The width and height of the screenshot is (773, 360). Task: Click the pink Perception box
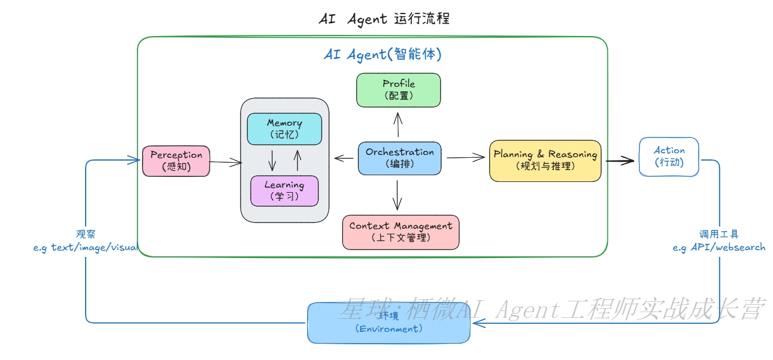[176, 161]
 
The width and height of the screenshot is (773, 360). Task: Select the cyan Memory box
[285, 128]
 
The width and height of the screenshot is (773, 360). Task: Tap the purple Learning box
[285, 190]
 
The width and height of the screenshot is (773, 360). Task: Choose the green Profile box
[398, 90]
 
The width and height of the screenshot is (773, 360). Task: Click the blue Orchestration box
[399, 158]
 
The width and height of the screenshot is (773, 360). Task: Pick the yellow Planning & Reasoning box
[545, 161]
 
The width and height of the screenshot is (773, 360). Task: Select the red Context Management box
[401, 232]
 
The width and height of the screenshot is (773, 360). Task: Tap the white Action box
[669, 156]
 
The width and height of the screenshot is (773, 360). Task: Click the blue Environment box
[389, 323]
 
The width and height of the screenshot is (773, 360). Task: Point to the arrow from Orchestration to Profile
[398, 124]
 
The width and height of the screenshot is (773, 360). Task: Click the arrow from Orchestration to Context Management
[398, 194]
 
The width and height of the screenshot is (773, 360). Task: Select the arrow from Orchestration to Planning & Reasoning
[465, 157]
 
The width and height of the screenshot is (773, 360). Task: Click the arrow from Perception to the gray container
[225, 162]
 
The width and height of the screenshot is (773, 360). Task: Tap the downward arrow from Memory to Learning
[273, 160]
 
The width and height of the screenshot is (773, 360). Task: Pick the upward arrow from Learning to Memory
[296, 160]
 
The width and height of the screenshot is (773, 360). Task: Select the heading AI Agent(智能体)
[383, 54]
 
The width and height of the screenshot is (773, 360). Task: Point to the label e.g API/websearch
[719, 247]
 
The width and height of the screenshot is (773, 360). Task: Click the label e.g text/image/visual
[86, 247]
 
